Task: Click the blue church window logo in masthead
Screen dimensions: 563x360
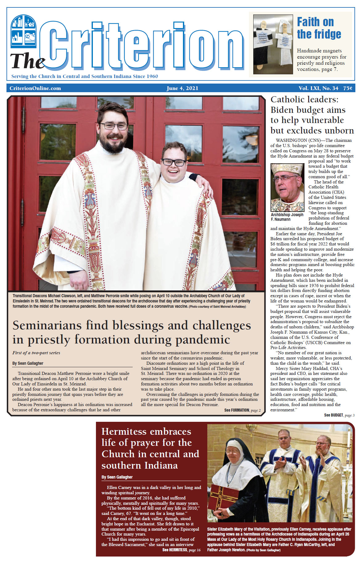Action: [x=23, y=31]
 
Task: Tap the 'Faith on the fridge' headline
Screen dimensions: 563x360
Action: [x=319, y=28]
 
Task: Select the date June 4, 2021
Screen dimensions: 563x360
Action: [x=182, y=88]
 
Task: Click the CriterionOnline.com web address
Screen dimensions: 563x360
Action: [x=35, y=88]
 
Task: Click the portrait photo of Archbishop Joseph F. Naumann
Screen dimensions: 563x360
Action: [x=287, y=187]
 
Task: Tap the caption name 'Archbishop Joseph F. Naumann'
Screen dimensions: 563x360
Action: [x=287, y=217]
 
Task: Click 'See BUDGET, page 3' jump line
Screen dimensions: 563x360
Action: [x=339, y=415]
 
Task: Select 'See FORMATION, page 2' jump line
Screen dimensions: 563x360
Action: [x=242, y=410]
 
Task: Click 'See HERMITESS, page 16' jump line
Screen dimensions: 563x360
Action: [x=181, y=550]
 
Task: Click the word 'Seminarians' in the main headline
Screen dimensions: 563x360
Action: [x=47, y=325]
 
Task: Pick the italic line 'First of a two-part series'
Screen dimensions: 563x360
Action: [x=36, y=353]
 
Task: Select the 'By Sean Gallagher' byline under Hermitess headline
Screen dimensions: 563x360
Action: [x=117, y=477]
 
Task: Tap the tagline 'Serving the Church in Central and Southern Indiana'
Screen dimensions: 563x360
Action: [x=85, y=76]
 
